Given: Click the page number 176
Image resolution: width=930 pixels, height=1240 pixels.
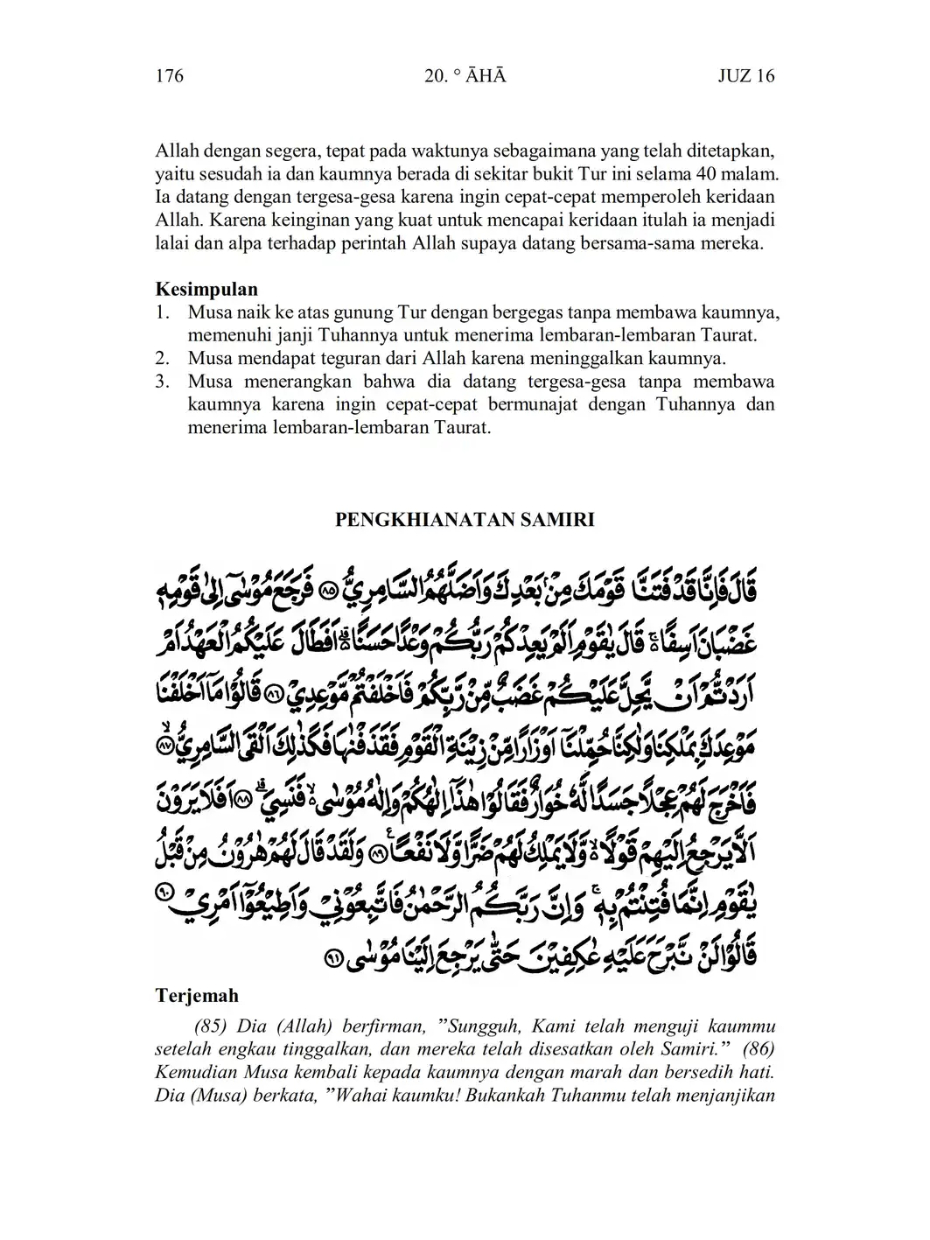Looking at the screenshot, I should pos(169,76).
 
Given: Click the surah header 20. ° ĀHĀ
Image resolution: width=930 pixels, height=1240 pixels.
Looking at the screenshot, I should pos(464,76).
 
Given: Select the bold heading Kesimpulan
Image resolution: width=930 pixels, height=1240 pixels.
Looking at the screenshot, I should pos(206,289).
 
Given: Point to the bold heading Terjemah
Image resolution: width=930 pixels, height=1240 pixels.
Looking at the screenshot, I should pos(197,996).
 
